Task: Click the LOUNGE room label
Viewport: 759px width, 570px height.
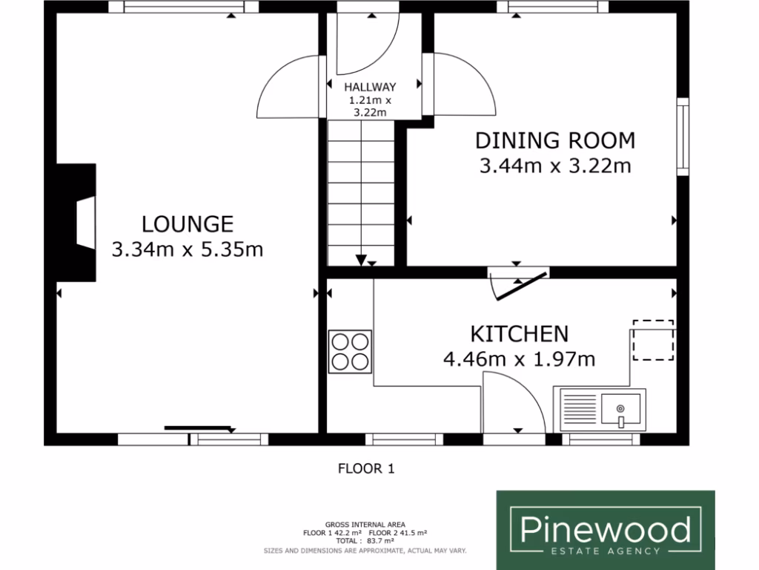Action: click(x=188, y=223)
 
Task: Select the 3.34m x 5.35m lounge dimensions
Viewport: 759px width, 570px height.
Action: click(x=188, y=249)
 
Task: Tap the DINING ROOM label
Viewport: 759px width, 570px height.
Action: click(x=555, y=140)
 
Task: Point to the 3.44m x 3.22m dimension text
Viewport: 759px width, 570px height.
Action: click(x=555, y=166)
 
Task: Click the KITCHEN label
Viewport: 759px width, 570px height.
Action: click(x=520, y=333)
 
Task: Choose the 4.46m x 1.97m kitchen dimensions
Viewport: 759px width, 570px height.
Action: click(x=520, y=360)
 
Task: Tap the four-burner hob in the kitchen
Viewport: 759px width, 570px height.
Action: click(x=350, y=352)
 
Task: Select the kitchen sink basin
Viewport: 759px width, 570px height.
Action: click(x=620, y=409)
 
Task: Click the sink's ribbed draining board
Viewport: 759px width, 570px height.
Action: click(x=581, y=410)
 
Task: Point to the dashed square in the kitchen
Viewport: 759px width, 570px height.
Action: click(x=653, y=341)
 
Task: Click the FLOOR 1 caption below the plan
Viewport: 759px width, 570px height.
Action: click(x=367, y=468)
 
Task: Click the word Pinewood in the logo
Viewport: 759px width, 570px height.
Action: click(x=605, y=529)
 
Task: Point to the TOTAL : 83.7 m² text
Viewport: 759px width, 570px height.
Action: click(x=364, y=542)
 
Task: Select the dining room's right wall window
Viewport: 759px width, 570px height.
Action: click(x=683, y=138)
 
